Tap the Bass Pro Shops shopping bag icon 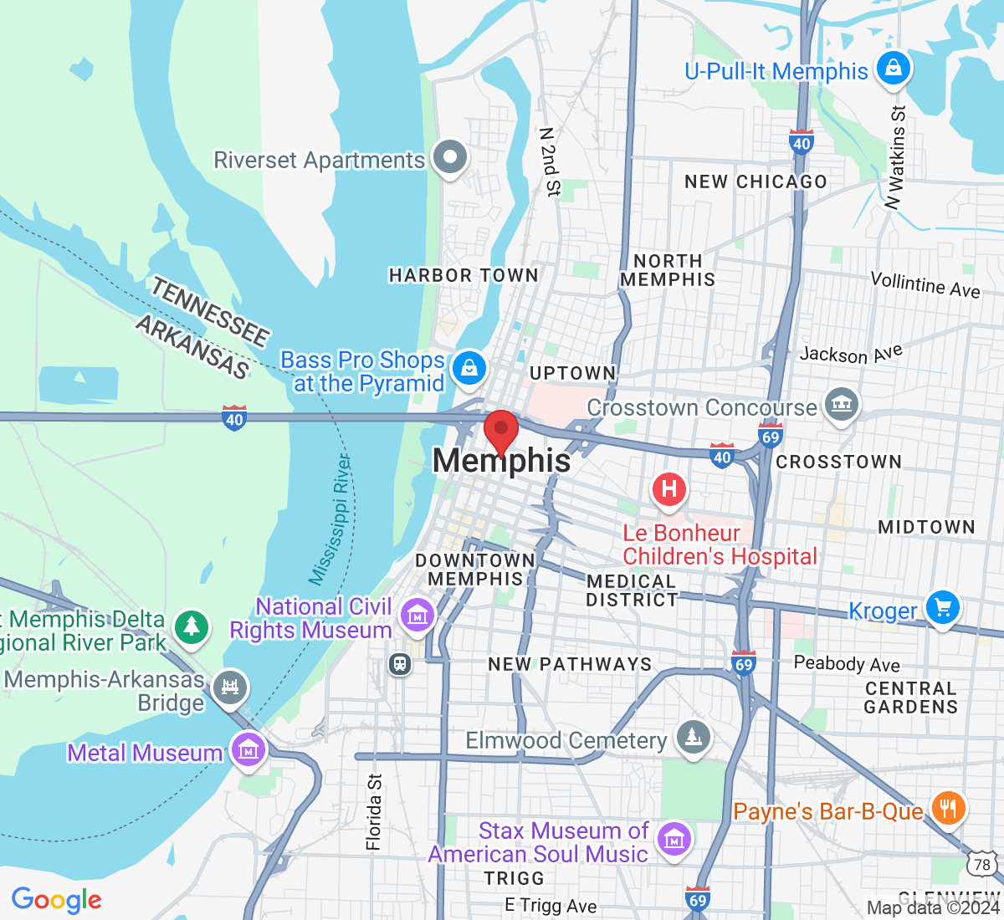coord(469,369)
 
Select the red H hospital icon coord(669,488)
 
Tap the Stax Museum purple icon coord(674,837)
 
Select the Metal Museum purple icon coord(248,751)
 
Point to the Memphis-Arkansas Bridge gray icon coord(229,687)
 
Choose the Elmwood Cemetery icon coord(693,738)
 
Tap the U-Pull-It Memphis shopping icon coord(894,69)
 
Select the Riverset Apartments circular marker coord(450,157)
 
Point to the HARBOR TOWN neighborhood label coord(464,275)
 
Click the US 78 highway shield coord(981,865)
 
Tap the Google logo coord(56,900)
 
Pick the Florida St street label coord(374,812)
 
